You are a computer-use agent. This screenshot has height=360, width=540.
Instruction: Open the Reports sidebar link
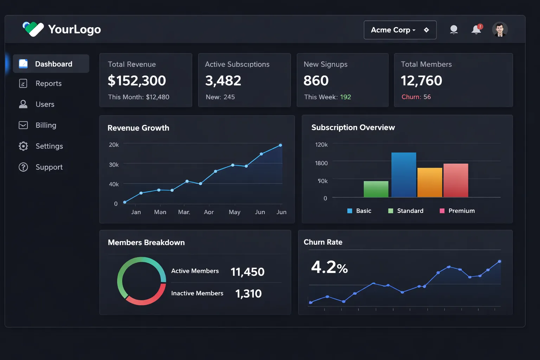(x=49, y=84)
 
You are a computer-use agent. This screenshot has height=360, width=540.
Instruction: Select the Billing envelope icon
(x=23, y=125)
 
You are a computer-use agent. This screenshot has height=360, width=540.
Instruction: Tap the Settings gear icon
(x=23, y=146)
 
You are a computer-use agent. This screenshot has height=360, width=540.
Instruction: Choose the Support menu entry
(x=49, y=167)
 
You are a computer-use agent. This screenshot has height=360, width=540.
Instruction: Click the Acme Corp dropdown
(x=400, y=30)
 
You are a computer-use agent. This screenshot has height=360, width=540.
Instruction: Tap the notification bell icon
(x=476, y=30)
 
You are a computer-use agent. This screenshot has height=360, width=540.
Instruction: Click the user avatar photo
(x=500, y=30)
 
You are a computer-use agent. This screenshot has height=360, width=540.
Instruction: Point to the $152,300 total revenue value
(x=137, y=81)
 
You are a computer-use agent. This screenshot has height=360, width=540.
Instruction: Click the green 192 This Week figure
(x=345, y=97)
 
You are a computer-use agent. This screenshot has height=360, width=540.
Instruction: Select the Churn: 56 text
(x=416, y=97)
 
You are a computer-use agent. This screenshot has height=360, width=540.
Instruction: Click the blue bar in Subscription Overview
(x=404, y=175)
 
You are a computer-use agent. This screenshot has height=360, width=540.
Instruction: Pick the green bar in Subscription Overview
(x=376, y=189)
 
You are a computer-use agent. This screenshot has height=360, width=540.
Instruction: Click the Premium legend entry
(x=457, y=211)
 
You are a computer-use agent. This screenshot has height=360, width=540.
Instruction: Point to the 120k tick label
(x=321, y=144)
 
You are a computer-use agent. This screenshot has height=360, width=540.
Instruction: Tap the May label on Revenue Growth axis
(x=234, y=212)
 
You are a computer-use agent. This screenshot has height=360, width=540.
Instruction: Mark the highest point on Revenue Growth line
(x=281, y=145)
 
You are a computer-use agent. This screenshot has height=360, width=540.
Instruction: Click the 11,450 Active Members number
(x=247, y=272)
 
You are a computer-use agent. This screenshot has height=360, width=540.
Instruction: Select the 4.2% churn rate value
(x=329, y=267)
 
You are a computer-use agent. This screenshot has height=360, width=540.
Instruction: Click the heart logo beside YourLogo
(x=33, y=29)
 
